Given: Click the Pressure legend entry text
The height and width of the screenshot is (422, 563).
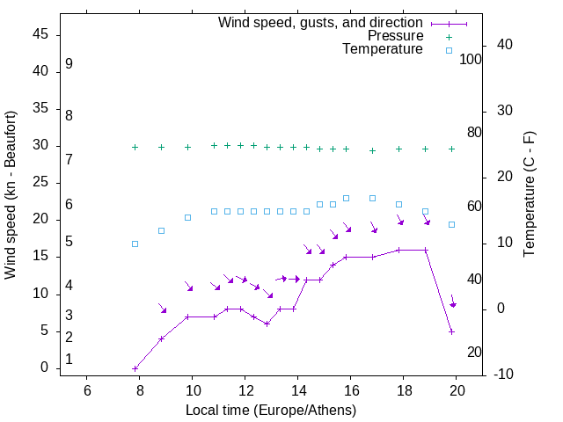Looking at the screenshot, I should (x=396, y=36).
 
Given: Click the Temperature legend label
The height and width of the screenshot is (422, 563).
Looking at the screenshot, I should (x=383, y=50).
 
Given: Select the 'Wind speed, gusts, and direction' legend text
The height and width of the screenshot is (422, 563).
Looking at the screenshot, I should (x=321, y=22).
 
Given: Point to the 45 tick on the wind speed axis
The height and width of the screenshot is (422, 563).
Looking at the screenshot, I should (x=40, y=34).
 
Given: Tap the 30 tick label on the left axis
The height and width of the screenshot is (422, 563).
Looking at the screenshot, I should (x=40, y=146).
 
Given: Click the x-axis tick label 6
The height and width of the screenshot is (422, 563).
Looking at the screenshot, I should (x=87, y=391).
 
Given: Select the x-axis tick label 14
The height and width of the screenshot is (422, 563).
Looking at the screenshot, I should (x=298, y=391).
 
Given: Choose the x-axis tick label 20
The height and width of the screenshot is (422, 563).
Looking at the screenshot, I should (x=457, y=391).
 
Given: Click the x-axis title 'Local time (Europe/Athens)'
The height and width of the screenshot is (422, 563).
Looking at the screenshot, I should (x=270, y=411).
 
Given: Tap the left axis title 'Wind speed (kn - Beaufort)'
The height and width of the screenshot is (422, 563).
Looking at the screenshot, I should (x=11, y=195).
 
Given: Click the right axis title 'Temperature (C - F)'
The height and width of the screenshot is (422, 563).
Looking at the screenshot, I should (x=530, y=195).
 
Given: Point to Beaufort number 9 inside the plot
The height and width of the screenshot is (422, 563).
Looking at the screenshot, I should (x=69, y=64).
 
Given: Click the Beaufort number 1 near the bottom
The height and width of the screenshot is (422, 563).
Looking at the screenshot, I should (x=69, y=359).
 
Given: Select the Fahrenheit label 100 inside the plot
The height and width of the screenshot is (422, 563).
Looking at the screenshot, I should (x=471, y=59).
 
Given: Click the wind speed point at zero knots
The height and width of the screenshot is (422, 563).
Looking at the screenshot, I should (x=135, y=368).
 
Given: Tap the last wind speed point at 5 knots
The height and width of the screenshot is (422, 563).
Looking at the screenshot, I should (x=451, y=331).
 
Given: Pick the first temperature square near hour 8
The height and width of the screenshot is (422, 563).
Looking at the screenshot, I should (x=135, y=244).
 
